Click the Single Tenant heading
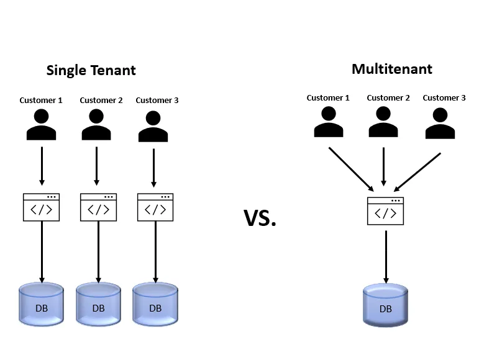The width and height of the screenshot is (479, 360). [91, 70]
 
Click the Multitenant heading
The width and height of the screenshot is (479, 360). [391, 68]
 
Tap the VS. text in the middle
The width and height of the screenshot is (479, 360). [260, 218]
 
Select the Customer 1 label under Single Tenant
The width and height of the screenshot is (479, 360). [41, 100]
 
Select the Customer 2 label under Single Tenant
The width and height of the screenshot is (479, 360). [101, 100]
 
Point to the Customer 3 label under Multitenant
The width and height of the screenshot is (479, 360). [444, 97]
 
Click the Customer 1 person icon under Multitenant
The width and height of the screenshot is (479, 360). [329, 122]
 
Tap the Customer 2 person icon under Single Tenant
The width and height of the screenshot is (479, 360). [96, 125]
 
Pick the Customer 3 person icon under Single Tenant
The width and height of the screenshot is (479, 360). [153, 127]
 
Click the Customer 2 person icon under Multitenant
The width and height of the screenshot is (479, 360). [383, 122]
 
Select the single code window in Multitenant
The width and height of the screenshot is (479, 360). [385, 211]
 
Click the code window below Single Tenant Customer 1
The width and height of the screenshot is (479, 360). [42, 207]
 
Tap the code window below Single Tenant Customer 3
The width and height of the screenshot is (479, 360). [155, 207]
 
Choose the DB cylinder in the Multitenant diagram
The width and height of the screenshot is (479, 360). [385, 305]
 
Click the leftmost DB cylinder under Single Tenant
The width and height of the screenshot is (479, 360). [42, 304]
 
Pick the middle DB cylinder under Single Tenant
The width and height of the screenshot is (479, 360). [98, 304]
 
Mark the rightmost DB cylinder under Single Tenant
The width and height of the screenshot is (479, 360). [155, 304]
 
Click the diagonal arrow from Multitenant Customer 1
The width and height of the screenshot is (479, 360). [351, 169]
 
